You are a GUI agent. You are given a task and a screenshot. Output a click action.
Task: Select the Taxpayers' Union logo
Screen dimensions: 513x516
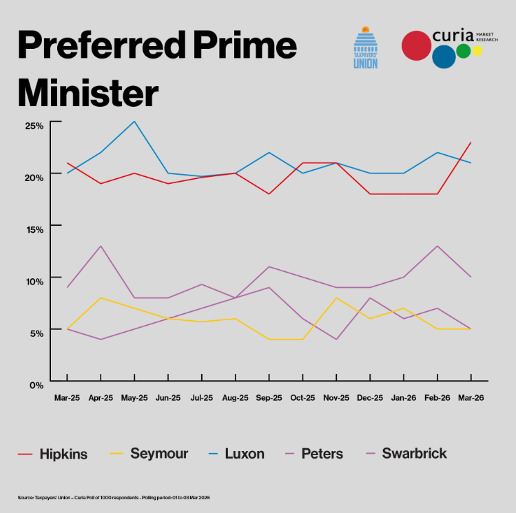coord(365,48)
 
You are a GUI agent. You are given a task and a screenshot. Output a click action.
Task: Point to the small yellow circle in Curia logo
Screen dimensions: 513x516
coord(477,51)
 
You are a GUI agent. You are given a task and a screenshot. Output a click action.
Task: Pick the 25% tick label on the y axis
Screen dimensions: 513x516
coord(34,125)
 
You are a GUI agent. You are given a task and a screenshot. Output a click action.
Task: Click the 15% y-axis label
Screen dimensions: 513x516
coord(34,229)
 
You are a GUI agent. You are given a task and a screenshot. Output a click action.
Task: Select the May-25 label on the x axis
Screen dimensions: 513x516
coord(134,398)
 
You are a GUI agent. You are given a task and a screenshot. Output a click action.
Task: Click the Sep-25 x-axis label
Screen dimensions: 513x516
coord(269,398)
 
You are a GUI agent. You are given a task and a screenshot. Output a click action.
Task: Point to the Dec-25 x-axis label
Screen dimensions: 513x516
coord(370,398)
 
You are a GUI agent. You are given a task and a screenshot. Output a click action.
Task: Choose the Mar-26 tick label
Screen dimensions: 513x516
coord(471,398)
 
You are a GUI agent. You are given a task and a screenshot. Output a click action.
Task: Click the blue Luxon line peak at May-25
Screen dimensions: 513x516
coord(134,121)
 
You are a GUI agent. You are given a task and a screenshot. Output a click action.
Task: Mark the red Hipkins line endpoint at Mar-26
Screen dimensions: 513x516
coord(471,143)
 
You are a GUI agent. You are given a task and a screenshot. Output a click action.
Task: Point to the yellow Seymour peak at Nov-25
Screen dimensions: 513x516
coord(336,297)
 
